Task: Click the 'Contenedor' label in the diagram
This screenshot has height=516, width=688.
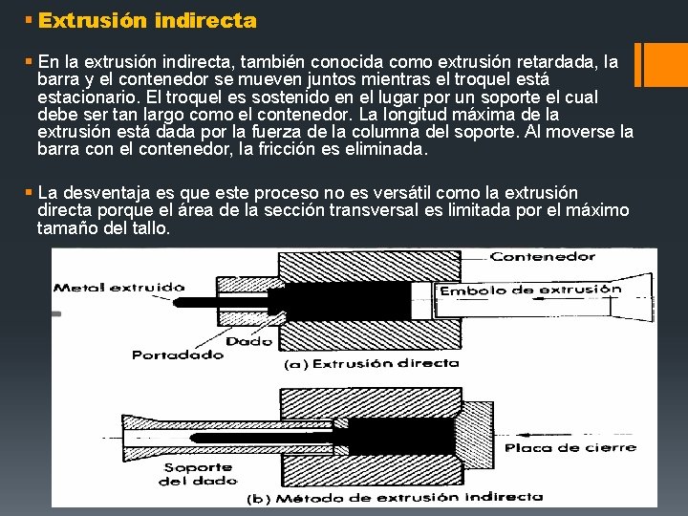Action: coord(542,257)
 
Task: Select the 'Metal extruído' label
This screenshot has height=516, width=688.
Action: coord(118,286)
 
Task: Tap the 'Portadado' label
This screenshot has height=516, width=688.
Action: coord(178,355)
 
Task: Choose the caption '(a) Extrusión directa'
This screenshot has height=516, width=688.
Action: coord(371,363)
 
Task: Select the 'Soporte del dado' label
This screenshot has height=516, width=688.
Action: coord(198,474)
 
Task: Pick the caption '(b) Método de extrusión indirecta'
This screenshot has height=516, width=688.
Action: coord(394,497)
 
